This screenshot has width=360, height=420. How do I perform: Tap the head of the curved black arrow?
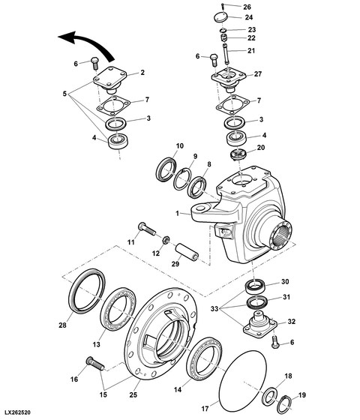tap(67, 37)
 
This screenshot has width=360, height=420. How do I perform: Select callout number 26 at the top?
tap(247, 7)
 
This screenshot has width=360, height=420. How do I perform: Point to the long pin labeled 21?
tap(225, 53)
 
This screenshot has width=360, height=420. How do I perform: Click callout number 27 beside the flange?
tap(258, 73)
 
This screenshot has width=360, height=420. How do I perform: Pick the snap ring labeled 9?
tap(183, 179)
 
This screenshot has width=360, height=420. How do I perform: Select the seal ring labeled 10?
tap(166, 172)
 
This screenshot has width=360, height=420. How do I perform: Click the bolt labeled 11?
tap(147, 229)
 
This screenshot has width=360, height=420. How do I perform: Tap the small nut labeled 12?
tap(165, 239)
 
